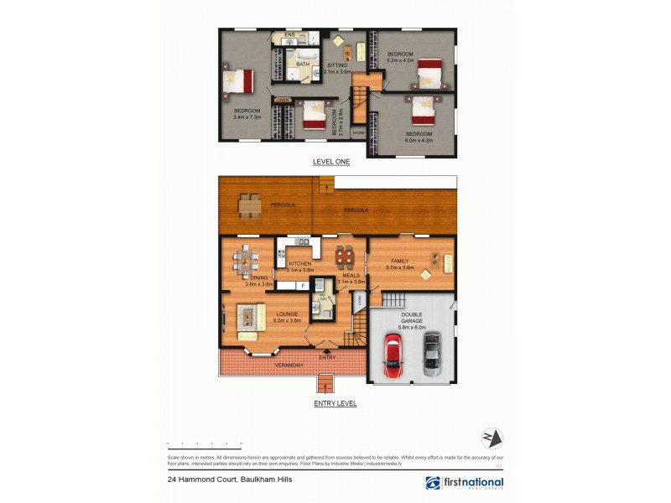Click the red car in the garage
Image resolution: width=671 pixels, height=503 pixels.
coord(393,355)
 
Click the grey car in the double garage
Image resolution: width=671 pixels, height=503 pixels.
coord(431,352)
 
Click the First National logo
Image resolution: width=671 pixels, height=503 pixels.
coord(464,483)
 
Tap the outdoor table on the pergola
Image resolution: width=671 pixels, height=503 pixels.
coord(248,205)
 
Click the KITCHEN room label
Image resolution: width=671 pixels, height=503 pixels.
coord(300,263)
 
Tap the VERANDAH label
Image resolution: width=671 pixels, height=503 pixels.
coord(288,366)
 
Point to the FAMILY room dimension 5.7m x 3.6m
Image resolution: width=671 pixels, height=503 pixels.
coord(400,267)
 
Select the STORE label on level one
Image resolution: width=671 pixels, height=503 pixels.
coord(358,132)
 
